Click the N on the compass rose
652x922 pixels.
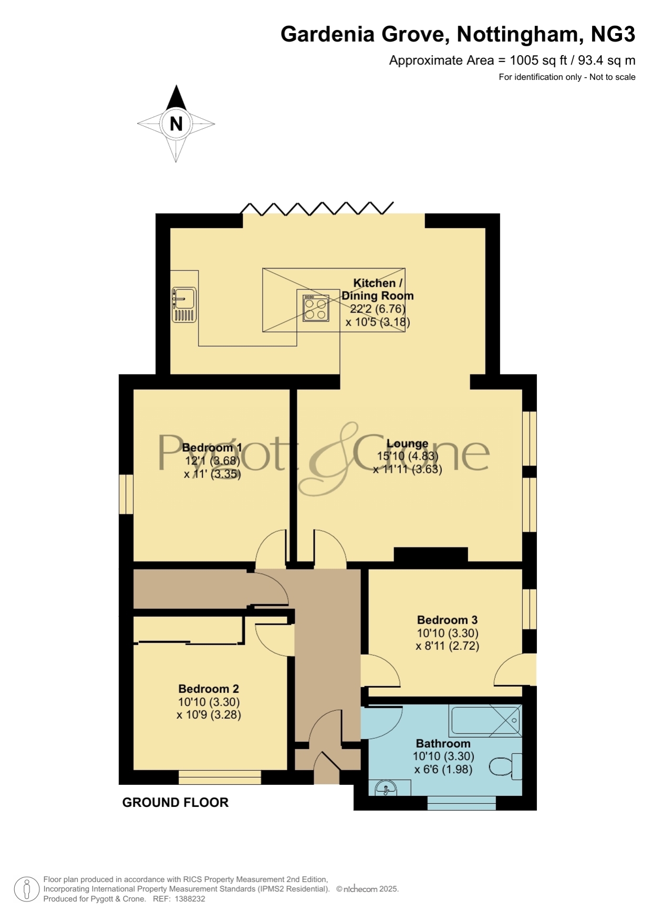coord(176,124)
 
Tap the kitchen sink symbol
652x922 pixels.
coord(184,305)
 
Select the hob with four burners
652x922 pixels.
coord(316,308)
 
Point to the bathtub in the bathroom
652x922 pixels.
coord(485,720)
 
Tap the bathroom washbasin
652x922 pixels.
coord(394,788)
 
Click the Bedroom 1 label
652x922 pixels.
coord(212,448)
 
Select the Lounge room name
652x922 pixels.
coord(407,443)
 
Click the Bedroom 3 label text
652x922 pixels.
coord(447,620)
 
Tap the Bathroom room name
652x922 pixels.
coord(443,743)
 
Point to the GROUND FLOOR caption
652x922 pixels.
coord(175,802)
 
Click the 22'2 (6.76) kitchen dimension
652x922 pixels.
coord(378,309)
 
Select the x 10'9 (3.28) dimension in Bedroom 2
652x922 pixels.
coord(209,714)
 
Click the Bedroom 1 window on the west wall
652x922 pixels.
coord(126,494)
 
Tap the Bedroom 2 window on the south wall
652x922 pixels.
coord(220,778)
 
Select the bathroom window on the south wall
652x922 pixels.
coord(462,803)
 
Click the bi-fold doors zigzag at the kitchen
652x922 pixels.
coord(317,208)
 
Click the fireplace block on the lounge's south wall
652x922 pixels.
coord(431,555)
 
